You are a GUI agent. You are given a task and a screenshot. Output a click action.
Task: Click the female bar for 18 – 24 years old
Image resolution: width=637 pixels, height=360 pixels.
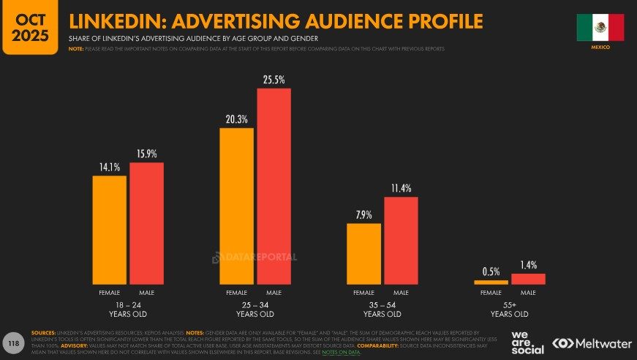tap(109, 230)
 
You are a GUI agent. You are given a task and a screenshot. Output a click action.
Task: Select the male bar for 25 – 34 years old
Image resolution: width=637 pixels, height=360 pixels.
tap(274, 186)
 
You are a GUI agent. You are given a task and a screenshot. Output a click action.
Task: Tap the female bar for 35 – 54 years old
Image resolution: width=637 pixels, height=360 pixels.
tap(363, 253)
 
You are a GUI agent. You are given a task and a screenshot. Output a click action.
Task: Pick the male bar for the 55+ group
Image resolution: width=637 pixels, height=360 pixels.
tap(528, 279)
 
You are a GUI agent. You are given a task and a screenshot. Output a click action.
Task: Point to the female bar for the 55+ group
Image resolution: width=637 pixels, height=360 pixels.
tap(491, 282)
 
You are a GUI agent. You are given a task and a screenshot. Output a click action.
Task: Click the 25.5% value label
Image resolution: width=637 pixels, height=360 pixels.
tap(274, 78)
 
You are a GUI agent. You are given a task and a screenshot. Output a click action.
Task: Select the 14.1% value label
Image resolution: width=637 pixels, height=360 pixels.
tap(109, 167)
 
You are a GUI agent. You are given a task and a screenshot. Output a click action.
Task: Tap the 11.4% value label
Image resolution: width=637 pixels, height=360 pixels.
tap(401, 188)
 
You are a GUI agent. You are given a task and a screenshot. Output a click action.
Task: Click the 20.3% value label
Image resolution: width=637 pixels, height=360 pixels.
tap(237, 119)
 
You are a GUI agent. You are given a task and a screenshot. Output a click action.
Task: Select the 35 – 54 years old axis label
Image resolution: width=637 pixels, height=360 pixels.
tap(382, 309)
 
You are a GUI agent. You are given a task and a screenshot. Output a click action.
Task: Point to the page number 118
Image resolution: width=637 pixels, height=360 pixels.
tap(12, 342)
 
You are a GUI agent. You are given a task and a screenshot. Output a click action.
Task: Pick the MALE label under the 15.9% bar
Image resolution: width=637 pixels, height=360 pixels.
tap(146, 292)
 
